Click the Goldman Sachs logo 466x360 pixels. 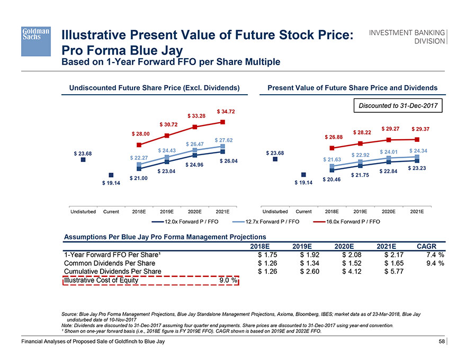35,41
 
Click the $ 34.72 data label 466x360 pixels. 226,112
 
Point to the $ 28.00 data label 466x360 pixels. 140,133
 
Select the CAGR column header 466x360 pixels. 427,246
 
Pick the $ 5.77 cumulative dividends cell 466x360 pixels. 393,272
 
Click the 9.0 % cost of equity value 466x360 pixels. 228,280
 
